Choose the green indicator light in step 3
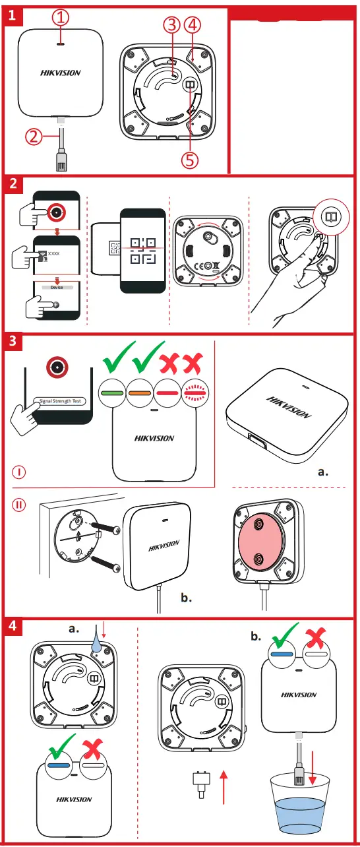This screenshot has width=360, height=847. tap(111, 392)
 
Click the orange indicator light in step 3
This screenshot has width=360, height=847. tap(139, 392)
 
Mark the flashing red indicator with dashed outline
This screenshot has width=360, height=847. tap(196, 392)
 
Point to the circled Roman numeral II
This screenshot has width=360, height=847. tap(21, 505)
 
